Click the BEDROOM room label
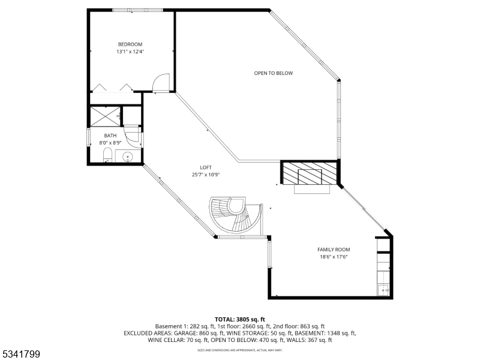pos(130,44)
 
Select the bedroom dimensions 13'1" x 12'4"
pos(130,52)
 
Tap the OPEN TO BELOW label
pos(273,73)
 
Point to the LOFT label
pos(206,167)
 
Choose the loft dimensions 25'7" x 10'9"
pos(206,175)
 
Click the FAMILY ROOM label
pos(334,250)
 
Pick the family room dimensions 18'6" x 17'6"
pos(334,257)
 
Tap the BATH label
pos(110,136)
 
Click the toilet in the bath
pos(107,157)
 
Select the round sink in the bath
pos(127,157)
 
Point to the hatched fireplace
pos(310,175)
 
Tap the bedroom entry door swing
pos(161,83)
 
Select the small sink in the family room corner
pos(383,291)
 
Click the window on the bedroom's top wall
pos(137,10)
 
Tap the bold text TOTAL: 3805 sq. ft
pos(239,319)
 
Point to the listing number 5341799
pos(21,355)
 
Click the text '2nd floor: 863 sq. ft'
pos(299,326)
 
